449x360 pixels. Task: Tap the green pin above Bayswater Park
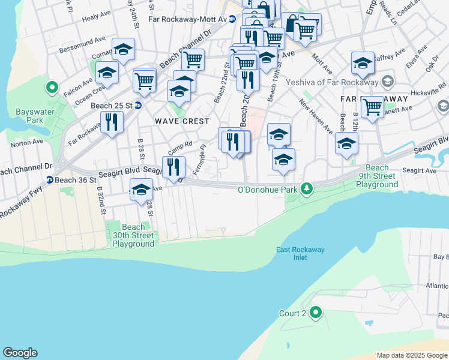point(52,88)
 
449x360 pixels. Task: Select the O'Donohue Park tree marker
point(307,190)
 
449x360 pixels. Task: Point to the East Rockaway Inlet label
point(292,253)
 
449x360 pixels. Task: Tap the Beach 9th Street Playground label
point(377,176)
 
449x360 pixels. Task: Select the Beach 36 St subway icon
point(50,179)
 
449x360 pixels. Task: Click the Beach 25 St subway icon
point(137,106)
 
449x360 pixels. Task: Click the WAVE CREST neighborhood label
point(177,121)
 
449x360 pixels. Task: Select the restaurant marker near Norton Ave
point(111,122)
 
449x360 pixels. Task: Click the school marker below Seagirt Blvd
point(141,190)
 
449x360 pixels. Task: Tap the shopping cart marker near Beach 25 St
point(145,80)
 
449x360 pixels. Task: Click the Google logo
point(20,353)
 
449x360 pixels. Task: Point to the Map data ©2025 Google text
point(412,355)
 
